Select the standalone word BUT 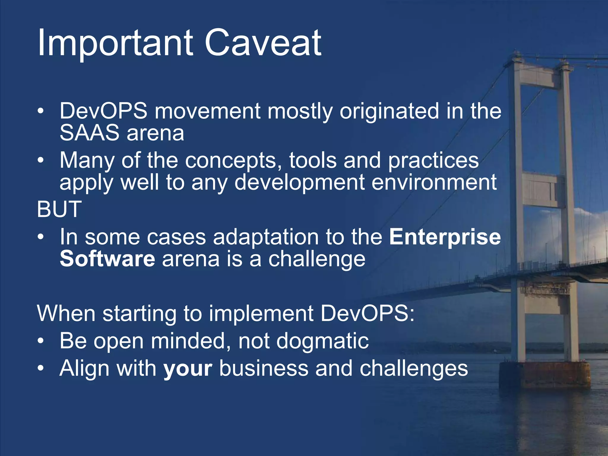59,209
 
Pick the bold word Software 107,259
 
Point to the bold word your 188,368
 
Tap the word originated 389,111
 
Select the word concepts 233,160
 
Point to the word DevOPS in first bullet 103,111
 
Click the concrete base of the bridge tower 545,375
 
